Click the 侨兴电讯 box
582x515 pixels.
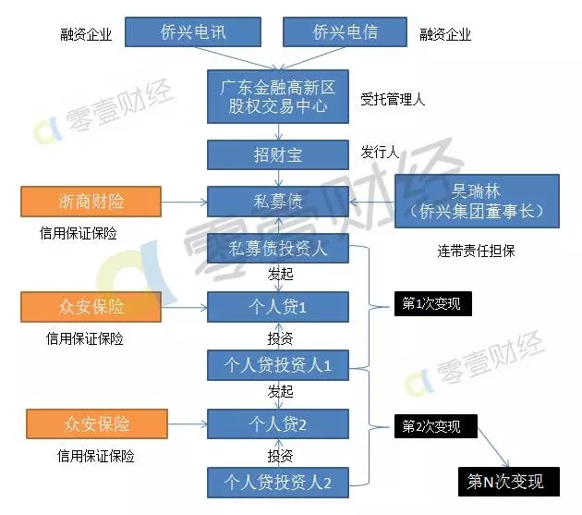pos(193,32)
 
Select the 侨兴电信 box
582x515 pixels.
pos(345,32)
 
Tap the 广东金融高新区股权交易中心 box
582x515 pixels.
pos(278,96)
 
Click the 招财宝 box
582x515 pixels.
pos(278,155)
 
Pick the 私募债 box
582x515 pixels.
pos(278,202)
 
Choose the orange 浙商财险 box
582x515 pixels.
pos(91,202)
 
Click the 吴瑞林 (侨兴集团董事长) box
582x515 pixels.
pos(477,201)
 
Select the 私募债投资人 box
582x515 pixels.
pos(278,248)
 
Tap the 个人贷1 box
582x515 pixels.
pos(278,307)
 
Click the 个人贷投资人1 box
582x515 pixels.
pos(278,365)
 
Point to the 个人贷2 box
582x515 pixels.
pos(278,424)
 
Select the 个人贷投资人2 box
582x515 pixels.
pos(278,483)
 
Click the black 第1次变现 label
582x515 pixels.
pos(433,304)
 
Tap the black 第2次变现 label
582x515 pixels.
pos(436,426)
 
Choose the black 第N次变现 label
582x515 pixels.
pos(509,482)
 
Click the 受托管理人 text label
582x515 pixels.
pos(393,99)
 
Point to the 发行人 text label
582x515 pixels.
pos(380,152)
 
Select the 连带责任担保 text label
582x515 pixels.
pos(476,251)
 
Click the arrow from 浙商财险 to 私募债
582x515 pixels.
pos(185,202)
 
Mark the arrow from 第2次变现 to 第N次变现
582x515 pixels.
pos(493,447)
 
